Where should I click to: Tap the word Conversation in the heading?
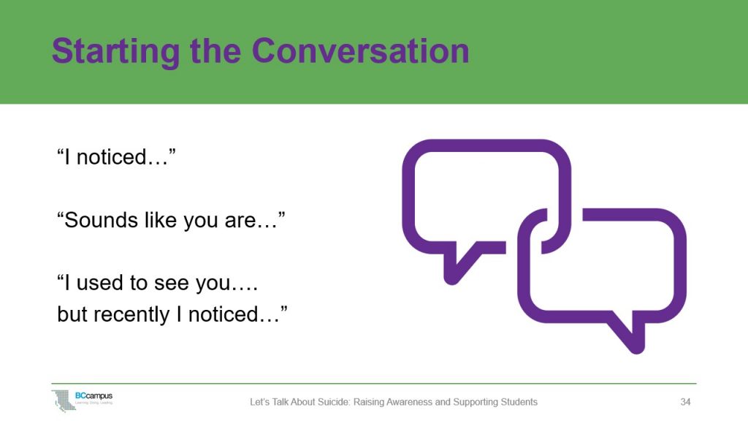[x=360, y=51]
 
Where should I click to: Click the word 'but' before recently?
[x=72, y=314]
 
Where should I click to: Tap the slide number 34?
[x=685, y=402]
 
